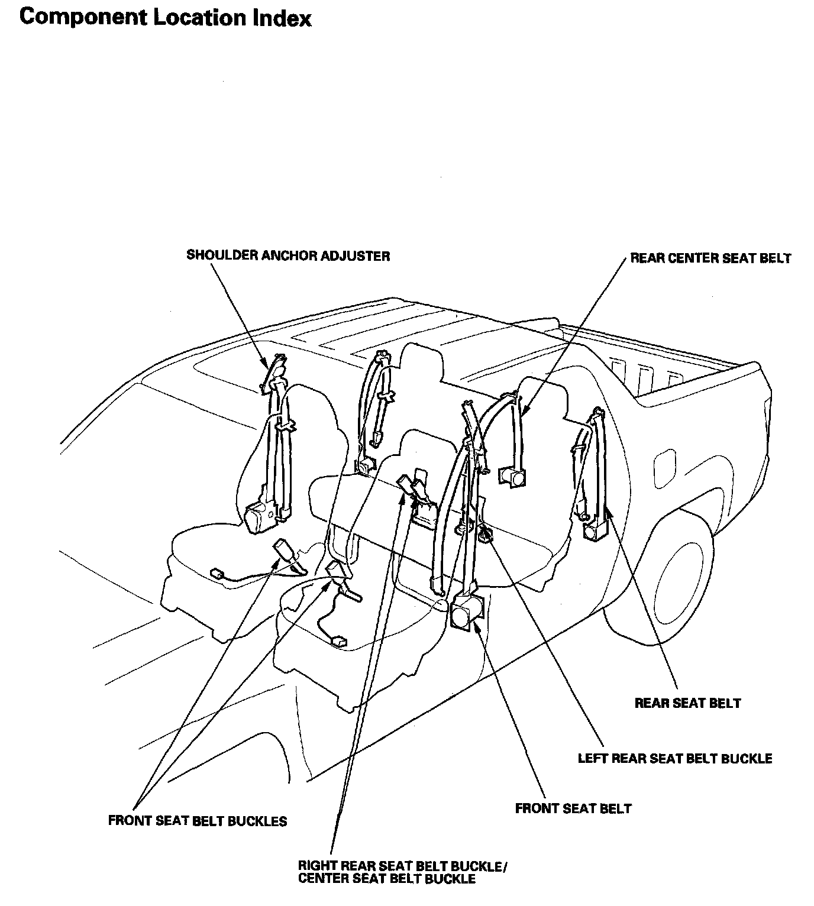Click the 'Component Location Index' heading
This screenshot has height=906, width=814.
pos(165,17)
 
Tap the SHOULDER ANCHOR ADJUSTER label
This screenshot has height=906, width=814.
pos(288,256)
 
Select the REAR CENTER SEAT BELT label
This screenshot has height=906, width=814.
pos(710,258)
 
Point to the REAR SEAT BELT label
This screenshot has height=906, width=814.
pos(687,703)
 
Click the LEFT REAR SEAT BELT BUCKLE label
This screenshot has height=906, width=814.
pos(674,758)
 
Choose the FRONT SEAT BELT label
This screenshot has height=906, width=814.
pos(573,808)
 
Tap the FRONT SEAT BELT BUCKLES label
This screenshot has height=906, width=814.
pos(198,821)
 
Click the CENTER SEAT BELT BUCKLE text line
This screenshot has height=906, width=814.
pos(386,879)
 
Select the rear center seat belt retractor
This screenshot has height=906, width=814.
pos(512,475)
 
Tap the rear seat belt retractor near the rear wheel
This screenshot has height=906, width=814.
pos(593,528)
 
